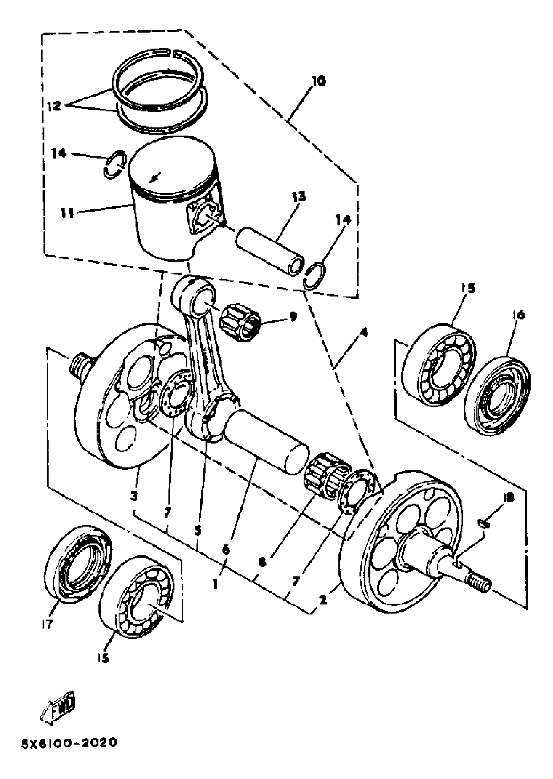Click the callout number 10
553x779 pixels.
pyautogui.click(x=318, y=81)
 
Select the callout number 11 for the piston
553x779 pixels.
pyautogui.click(x=67, y=214)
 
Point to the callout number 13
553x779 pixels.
pyautogui.click(x=299, y=197)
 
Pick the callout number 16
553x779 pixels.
pyautogui.click(x=519, y=315)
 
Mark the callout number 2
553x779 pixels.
pyautogui.click(x=323, y=600)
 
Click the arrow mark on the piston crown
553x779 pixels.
pyautogui.click(x=155, y=177)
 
